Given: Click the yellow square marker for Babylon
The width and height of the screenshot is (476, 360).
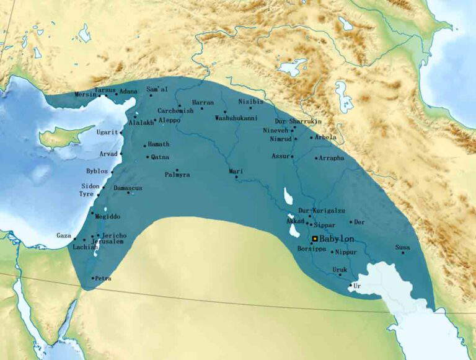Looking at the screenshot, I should [315, 239].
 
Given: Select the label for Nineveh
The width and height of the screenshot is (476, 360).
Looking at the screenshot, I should [276, 130].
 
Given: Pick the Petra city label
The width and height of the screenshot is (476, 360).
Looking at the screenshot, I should [103, 278].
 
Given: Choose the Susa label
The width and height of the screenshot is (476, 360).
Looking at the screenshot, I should [402, 247].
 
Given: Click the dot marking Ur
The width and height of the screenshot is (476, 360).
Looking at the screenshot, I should [350, 285].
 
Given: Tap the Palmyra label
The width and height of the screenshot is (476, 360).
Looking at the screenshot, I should [177, 175].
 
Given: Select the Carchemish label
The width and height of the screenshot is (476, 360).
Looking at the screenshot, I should [175, 110].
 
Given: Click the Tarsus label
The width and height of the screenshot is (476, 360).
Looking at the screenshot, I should [105, 90].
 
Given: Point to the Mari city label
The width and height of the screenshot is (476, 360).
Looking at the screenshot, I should [235, 171].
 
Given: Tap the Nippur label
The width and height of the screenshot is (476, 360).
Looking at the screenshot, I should [346, 252].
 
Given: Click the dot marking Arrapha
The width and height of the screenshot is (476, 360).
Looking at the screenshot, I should [316, 158].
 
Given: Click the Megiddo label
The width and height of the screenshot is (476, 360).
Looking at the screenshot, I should [108, 217].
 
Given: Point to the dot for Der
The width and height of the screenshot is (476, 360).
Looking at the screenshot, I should [350, 222].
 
